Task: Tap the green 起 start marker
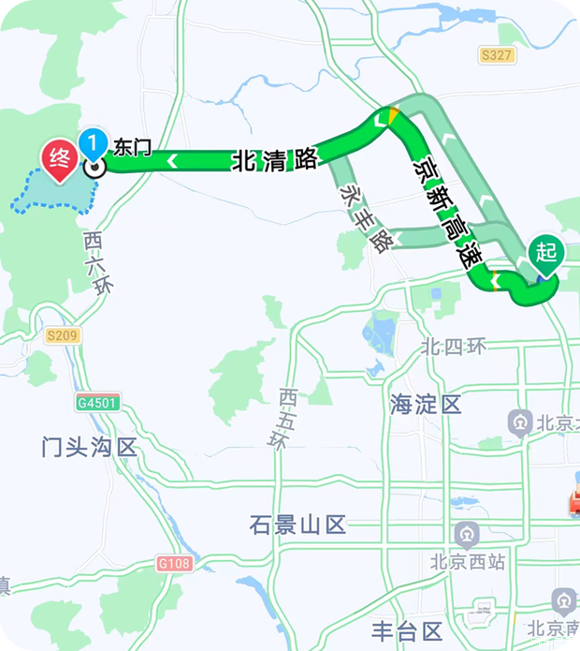coord(546,254)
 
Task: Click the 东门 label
coord(132,147)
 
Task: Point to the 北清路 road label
coord(275,159)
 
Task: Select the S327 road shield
coord(497,55)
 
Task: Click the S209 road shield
coord(63,334)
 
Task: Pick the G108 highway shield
coord(174,563)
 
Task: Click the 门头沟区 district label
coord(90,447)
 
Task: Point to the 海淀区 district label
coord(426,405)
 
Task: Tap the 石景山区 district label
coord(298,525)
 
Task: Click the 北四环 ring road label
coord(454,347)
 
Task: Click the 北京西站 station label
coord(468,562)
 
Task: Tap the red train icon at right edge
coord(572,504)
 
